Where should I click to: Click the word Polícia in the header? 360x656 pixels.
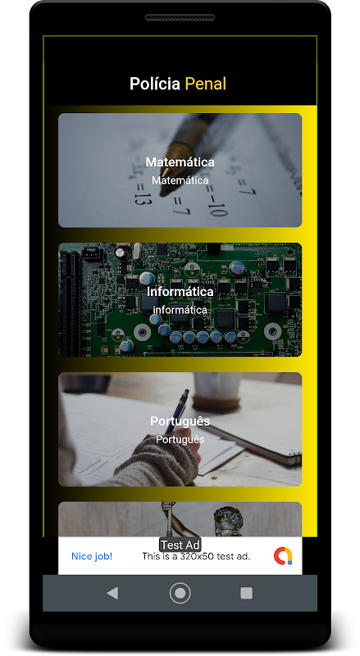tap(155, 84)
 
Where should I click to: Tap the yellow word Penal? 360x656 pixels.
tap(206, 84)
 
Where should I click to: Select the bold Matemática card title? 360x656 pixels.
tap(180, 162)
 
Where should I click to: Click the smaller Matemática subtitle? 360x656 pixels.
tap(180, 180)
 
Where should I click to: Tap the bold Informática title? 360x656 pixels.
tap(180, 291)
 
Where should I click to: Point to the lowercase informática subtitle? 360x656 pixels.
tap(180, 310)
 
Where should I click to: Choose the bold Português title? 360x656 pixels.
tap(180, 421)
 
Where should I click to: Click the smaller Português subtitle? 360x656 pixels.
tap(180, 440)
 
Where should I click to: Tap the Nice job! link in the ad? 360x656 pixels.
tap(92, 556)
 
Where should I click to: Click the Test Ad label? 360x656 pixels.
tap(180, 545)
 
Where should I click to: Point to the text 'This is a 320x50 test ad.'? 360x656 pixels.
tap(196, 557)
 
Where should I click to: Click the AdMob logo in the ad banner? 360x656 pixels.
tap(283, 556)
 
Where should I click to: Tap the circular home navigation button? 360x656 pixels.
tap(180, 593)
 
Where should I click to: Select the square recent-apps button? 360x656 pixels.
tap(246, 593)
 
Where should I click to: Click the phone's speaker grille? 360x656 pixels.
tap(180, 17)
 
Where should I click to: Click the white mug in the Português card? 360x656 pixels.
tap(217, 390)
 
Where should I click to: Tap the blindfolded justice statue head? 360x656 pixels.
tap(229, 520)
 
